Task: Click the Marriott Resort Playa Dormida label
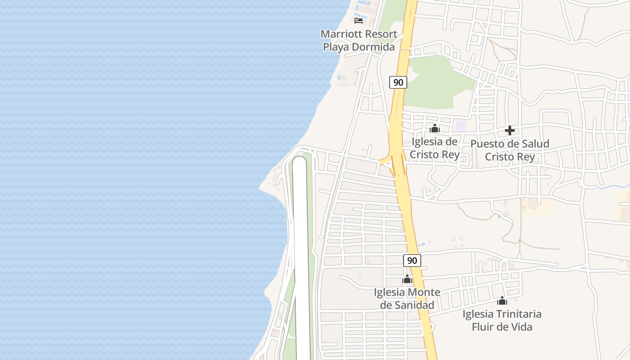359,40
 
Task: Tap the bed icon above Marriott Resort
359,20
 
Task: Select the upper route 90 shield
398,82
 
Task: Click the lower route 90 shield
412,261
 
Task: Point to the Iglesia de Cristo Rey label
435,148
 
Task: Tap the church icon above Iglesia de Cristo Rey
434,129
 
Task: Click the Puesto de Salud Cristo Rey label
510,150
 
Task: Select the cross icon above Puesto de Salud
510,131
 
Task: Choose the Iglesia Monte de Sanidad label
407,299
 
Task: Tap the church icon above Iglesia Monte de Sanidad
407,279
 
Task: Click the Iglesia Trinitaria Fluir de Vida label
502,320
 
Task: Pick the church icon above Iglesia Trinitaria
502,301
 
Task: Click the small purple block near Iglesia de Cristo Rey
460,126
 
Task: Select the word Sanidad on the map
413,305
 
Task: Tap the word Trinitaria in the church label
517,314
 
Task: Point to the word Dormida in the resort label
373,47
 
